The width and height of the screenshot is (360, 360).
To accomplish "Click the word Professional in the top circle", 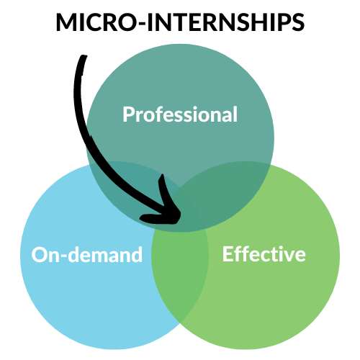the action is click(180, 114).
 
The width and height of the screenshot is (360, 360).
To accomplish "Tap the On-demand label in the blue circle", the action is click(87, 254).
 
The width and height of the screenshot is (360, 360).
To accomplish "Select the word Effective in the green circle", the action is click(264, 254).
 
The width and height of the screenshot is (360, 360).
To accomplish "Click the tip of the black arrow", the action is click(180, 215).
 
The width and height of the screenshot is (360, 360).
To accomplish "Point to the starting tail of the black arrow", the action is click(84, 57).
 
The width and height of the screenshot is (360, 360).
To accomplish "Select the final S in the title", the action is click(297, 22).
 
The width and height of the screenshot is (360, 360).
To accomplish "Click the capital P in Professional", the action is click(128, 114).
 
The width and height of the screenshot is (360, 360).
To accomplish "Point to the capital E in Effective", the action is click(228, 254).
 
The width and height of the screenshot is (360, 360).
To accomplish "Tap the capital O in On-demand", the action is click(39, 255).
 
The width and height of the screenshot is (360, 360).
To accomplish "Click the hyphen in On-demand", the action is click(64, 256).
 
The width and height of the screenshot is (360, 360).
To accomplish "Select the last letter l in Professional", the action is click(235, 114).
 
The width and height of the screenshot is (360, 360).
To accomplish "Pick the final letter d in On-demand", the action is click(137, 254).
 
